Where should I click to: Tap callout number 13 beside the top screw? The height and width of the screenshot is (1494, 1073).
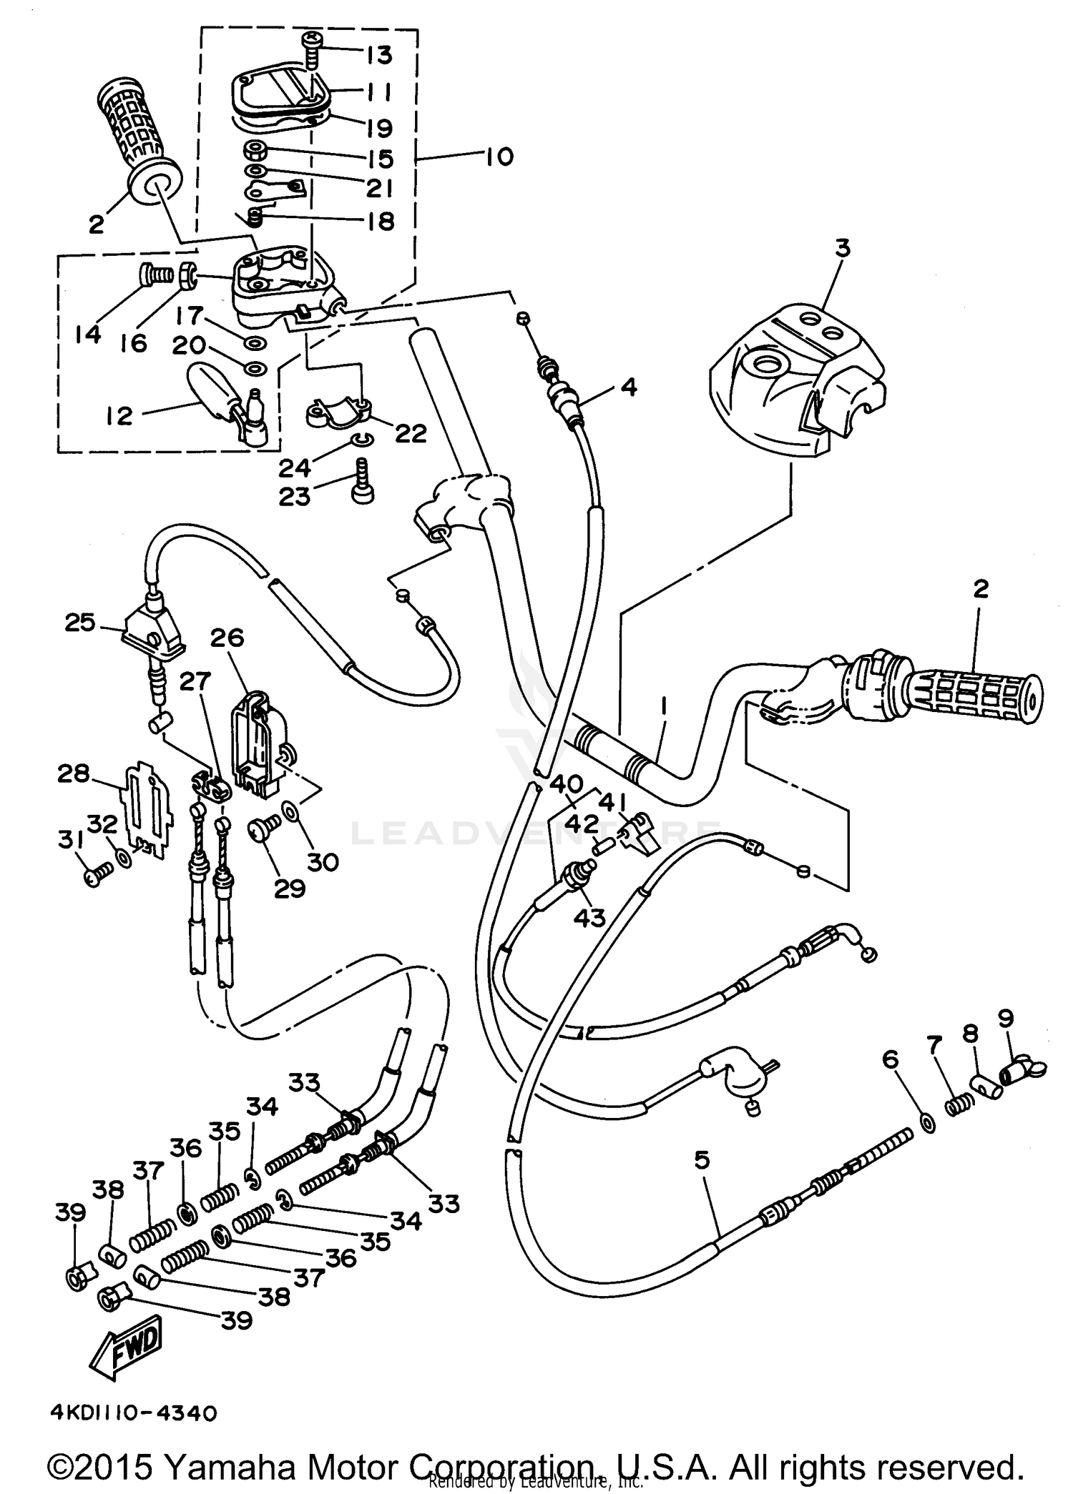[x=380, y=55]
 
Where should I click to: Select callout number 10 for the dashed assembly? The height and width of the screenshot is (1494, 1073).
[x=499, y=157]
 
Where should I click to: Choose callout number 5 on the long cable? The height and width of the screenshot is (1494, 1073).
[x=702, y=1159]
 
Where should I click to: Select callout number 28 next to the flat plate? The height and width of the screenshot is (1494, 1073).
[x=74, y=773]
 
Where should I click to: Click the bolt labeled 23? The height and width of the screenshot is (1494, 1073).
[x=362, y=486]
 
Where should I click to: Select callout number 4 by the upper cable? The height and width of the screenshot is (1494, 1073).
[x=627, y=387]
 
